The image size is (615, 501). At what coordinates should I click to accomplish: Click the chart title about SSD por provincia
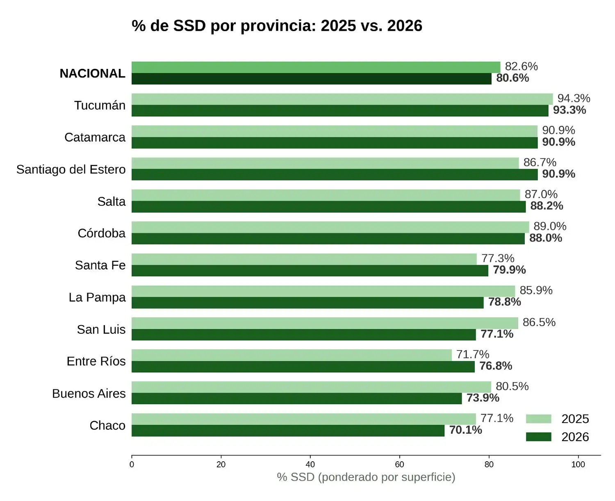pyautogui.click(x=277, y=26)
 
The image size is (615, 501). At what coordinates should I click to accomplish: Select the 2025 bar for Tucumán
pyautogui.click(x=342, y=99)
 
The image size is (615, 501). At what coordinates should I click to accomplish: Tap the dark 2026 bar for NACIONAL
pyautogui.click(x=311, y=79)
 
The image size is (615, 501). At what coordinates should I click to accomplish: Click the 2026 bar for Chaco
pyautogui.click(x=288, y=430)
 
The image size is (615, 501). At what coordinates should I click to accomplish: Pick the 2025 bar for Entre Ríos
pyautogui.click(x=292, y=355)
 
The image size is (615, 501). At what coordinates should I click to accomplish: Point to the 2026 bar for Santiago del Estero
pyautogui.click(x=334, y=174)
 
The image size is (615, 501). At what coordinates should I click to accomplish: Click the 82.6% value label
pyautogui.click(x=521, y=66)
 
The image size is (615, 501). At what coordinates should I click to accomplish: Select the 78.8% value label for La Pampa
pyautogui.click(x=504, y=302)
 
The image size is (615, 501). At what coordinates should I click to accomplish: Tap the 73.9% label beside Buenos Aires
pyautogui.click(x=483, y=398)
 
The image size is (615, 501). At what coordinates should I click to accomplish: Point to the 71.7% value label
pyautogui.click(x=473, y=354)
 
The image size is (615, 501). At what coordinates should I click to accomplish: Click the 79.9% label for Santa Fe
pyautogui.click(x=509, y=270)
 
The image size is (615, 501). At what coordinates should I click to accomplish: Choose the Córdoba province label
pyautogui.click(x=101, y=233)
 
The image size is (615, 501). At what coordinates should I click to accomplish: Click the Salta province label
pyautogui.click(x=112, y=201)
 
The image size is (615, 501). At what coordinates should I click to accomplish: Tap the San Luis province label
pyautogui.click(x=101, y=329)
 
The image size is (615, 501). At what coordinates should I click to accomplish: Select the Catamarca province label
pyautogui.click(x=95, y=137)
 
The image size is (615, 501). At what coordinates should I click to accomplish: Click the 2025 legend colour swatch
pyautogui.click(x=538, y=419)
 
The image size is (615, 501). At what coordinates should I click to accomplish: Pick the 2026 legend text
pyautogui.click(x=575, y=437)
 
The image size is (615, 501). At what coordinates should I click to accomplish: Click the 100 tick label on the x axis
pyautogui.click(x=578, y=465)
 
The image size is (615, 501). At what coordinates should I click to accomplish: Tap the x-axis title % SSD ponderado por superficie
pyautogui.click(x=366, y=477)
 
